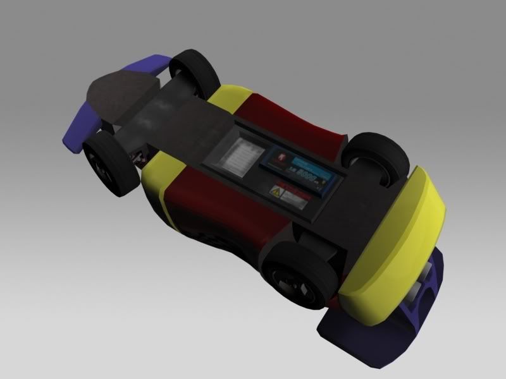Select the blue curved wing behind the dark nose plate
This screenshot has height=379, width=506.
pos(95,107)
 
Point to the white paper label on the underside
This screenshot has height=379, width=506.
pos(240,155)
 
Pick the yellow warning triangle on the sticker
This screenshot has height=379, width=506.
pos(276,191)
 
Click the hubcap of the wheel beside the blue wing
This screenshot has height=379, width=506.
pos(102,165)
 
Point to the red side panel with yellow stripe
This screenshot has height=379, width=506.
pos(202,208)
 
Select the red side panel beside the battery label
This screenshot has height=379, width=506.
pos(297,117)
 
